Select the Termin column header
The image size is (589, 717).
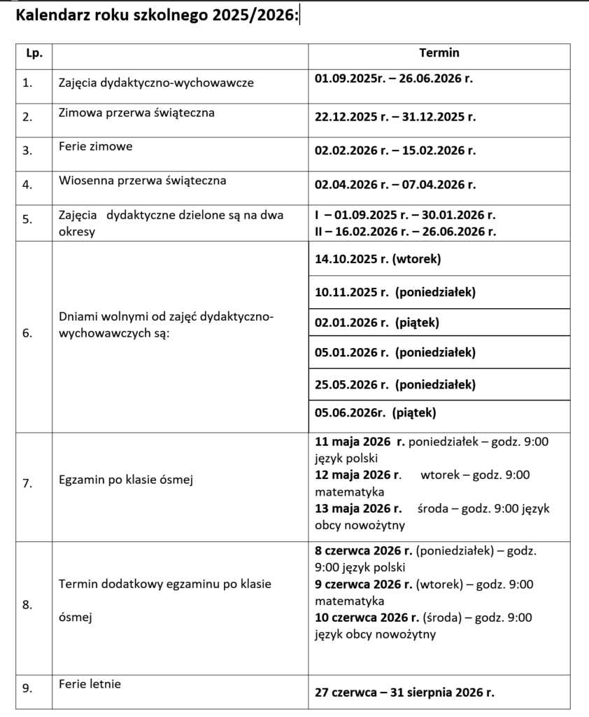point(439,53)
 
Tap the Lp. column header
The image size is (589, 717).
point(34,53)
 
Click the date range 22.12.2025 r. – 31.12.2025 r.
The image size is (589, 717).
point(395,117)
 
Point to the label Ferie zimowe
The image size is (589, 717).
point(96,146)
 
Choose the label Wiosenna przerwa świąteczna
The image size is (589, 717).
point(143,181)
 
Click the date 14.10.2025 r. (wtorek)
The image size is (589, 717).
point(378,259)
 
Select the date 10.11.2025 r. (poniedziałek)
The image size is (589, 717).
point(395,293)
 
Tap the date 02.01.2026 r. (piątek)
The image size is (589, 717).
point(377,323)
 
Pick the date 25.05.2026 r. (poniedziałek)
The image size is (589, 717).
point(395,384)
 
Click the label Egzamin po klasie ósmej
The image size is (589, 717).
point(126,480)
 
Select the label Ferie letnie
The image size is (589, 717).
point(90,682)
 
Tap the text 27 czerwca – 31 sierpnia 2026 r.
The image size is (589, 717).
point(404,693)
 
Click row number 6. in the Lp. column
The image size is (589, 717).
point(27,333)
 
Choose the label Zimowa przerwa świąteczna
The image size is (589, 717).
point(137,112)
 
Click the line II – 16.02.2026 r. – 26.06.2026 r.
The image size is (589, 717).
point(406,232)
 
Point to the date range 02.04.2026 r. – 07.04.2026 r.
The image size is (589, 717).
point(395,185)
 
